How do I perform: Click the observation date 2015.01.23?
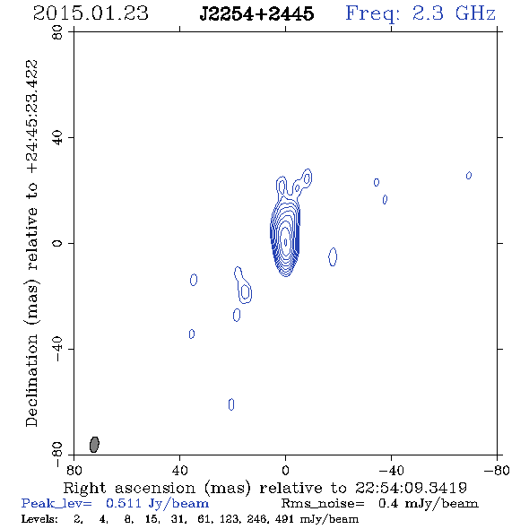91,13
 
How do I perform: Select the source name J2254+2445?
256,13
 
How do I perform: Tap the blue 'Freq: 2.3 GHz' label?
421,13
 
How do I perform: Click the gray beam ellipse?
94,445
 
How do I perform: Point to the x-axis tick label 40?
179,470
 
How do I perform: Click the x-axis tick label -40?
391,470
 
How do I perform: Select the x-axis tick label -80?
497,470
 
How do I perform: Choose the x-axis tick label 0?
285,470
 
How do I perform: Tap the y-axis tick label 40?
57,138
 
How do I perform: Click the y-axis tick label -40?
57,349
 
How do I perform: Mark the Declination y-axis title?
31,243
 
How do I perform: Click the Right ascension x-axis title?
265,488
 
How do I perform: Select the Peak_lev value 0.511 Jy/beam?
157,503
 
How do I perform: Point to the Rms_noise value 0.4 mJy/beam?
428,503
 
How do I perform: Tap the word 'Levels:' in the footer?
39,519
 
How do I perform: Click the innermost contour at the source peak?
285,242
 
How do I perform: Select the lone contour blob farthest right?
469,176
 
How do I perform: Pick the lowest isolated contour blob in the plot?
231,404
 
